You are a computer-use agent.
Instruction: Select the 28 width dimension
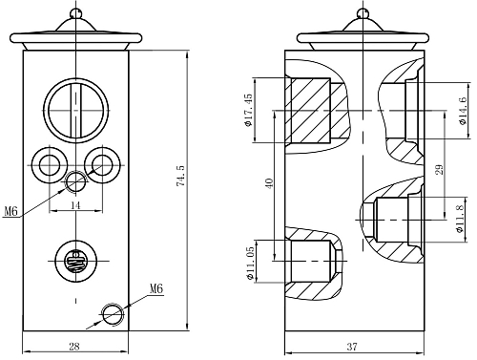coord(74,346)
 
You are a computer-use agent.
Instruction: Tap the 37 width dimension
coord(352,347)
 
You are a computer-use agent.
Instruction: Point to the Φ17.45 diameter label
coord(248,110)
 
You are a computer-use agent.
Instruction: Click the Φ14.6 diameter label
coord(463,111)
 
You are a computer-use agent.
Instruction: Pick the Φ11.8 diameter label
coord(460,219)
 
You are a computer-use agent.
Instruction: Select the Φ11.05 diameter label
coord(251,264)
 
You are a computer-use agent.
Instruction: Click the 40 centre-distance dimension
coord(269,183)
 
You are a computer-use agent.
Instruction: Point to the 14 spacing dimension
coord(75,205)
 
